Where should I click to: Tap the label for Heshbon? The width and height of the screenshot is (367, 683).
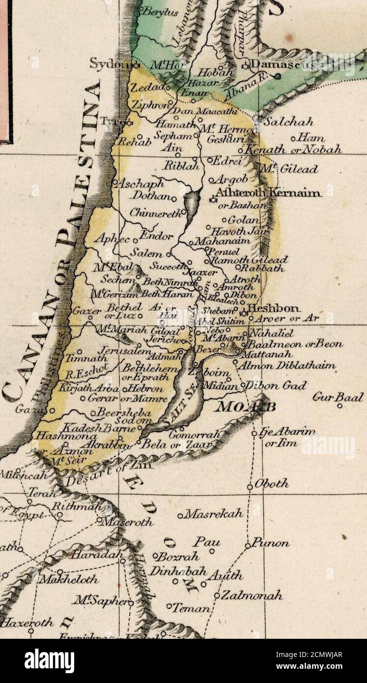pyautogui.click(x=274, y=308)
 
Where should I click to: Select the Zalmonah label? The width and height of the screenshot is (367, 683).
pyautogui.click(x=251, y=596)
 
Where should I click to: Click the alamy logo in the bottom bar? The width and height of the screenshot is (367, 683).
pyautogui.click(x=50, y=660)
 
